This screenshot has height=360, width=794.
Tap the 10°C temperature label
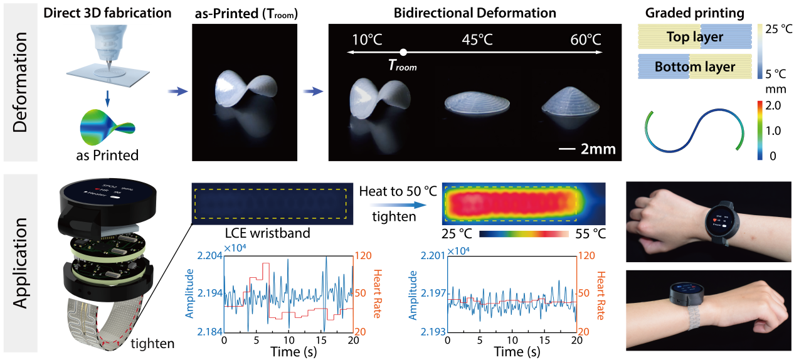tap(367, 39)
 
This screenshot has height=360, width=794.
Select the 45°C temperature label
tap(476, 39)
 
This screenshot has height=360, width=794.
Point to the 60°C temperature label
tap(585, 39)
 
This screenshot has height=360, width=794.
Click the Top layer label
tap(694, 37)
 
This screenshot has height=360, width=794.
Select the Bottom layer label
tap(694, 66)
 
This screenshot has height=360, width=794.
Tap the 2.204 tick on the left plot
tap(206, 255)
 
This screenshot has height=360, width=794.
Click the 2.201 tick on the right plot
tap(428, 255)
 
